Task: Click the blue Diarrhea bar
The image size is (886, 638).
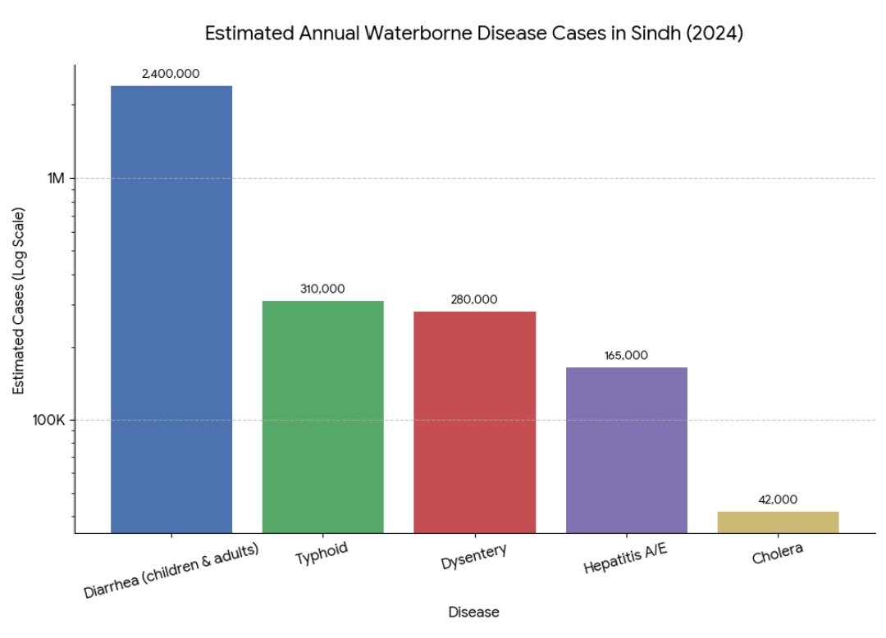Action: [x=171, y=309]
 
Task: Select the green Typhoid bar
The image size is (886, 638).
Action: [x=322, y=417]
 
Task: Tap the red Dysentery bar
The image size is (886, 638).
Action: [x=474, y=422]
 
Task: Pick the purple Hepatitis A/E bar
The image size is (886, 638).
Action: [x=626, y=449]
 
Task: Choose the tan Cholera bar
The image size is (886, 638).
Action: [x=778, y=522]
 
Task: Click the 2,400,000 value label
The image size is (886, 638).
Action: [x=171, y=74]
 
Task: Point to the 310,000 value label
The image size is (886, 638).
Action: [x=322, y=289]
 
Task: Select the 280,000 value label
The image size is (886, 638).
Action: [x=474, y=299]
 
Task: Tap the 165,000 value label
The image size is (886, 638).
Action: [x=626, y=355]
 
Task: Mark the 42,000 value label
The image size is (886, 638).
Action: [x=778, y=499]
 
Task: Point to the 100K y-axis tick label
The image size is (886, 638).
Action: [x=50, y=421]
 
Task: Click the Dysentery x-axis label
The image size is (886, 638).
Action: [x=473, y=557]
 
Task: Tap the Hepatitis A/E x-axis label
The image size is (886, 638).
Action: [x=626, y=559]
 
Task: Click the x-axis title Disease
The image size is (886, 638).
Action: [x=473, y=612]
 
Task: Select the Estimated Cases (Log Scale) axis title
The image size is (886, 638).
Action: [x=19, y=300]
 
